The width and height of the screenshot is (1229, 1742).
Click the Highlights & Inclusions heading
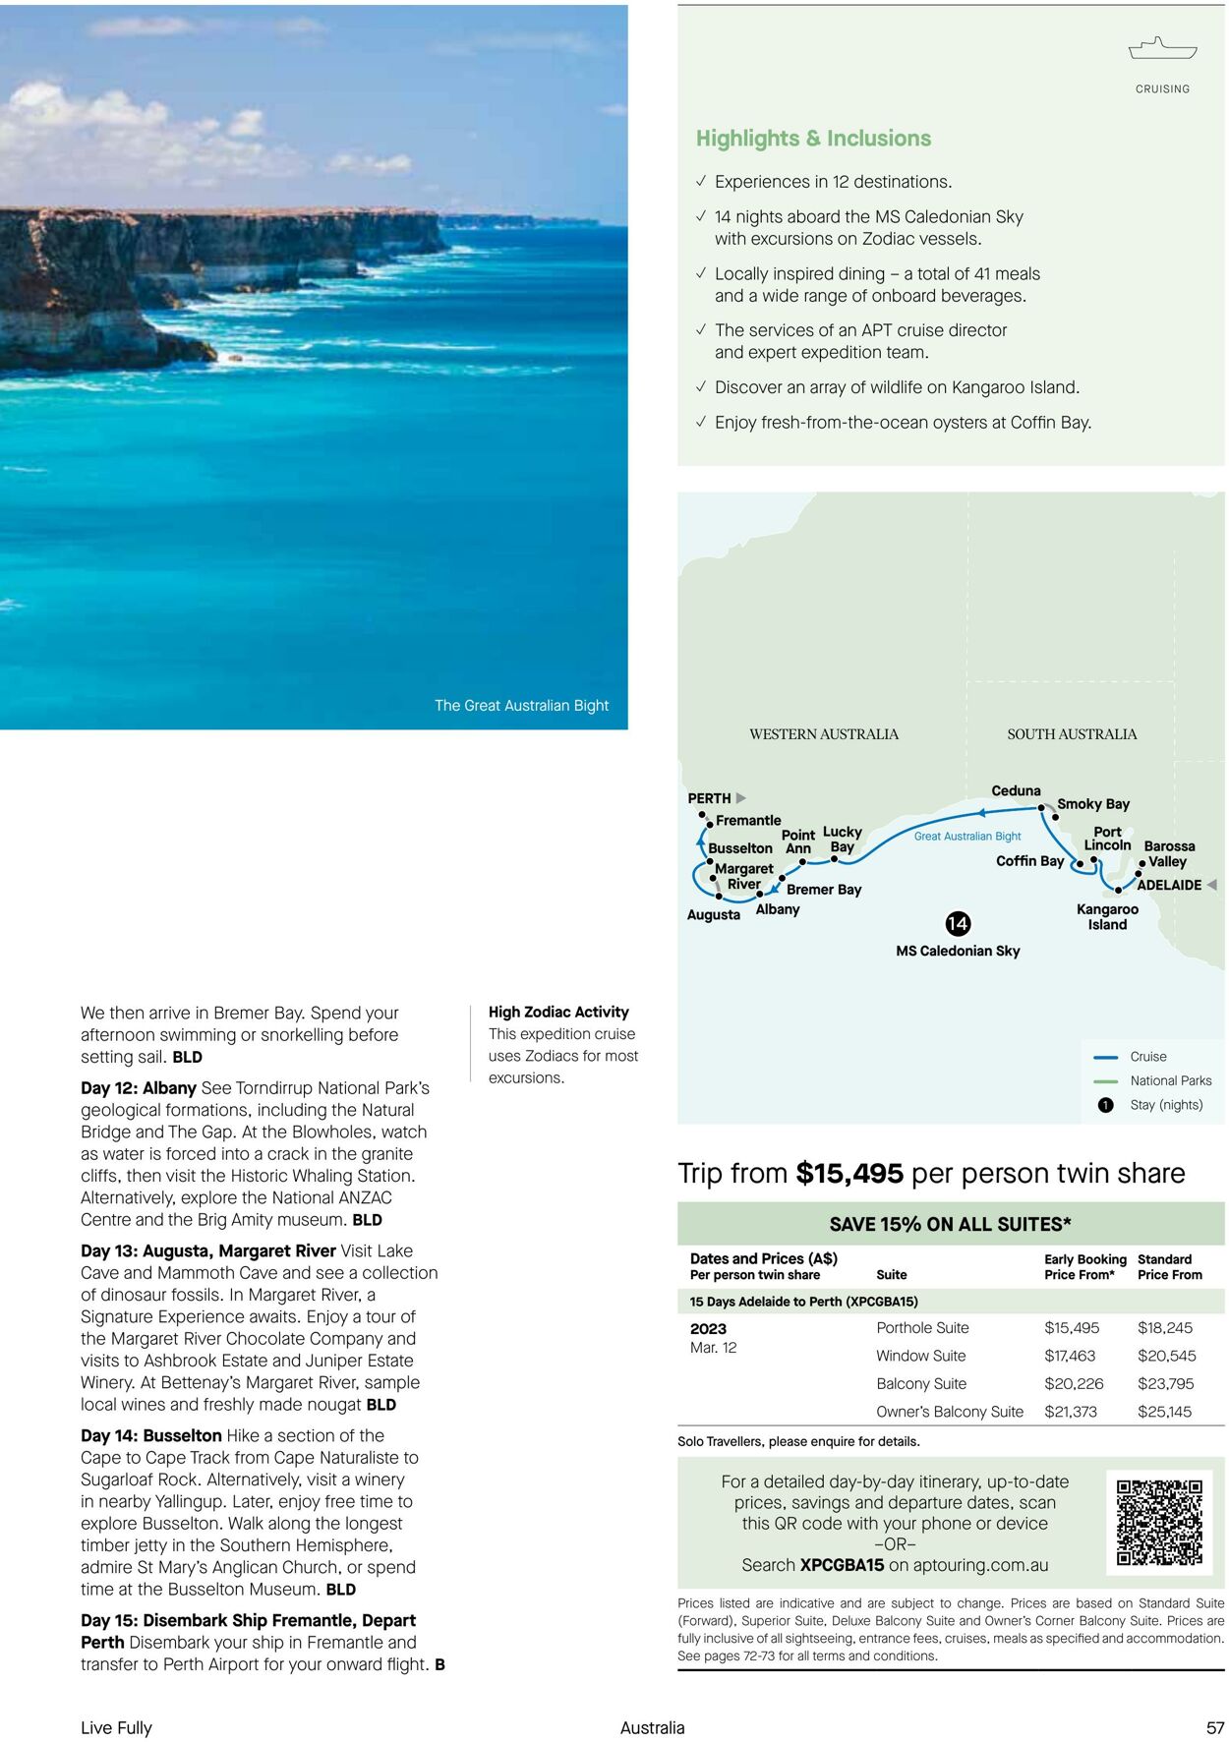pos(813,139)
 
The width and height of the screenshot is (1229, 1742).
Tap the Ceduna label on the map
pos(1016,790)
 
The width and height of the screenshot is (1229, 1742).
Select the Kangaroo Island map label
pos(1107,917)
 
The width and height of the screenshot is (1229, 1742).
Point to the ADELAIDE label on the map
pos(1169,885)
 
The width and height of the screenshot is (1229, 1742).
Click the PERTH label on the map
pos(709,798)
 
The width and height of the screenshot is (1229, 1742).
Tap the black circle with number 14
pos(958,923)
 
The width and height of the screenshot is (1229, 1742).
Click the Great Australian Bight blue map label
pos(967,837)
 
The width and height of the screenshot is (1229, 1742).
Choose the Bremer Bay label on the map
pos(824,890)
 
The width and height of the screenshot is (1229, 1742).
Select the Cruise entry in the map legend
pos(1147,1057)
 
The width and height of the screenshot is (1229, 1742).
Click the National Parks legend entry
pos(1170,1080)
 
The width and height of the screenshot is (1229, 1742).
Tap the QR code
pos(1159,1523)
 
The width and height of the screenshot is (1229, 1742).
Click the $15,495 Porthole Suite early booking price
pos(1072,1328)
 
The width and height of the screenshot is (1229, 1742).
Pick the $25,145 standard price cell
pos(1164,1412)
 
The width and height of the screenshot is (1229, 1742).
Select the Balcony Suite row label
pos(921,1384)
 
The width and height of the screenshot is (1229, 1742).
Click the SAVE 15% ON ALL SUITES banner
pos(950,1225)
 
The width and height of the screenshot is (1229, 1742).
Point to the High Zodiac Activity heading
pos(558,1012)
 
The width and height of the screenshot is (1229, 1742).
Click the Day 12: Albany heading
pos(139,1088)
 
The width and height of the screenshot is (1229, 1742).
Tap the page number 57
pos(1215,1727)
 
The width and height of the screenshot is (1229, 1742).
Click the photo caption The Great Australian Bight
pos(521,706)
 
